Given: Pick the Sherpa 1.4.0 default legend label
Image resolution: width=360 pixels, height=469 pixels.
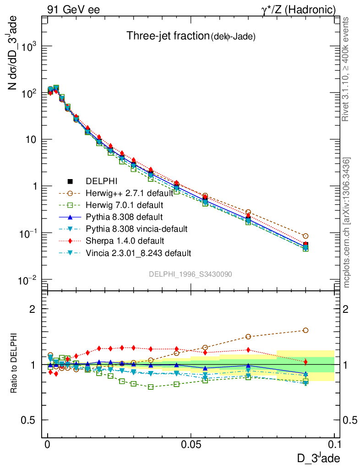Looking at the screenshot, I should pyautogui.click(x=125, y=240).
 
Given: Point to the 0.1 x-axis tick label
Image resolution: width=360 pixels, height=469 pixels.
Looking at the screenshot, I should pyautogui.click(x=334, y=445).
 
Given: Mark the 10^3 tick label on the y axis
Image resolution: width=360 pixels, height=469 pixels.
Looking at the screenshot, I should pyautogui.click(x=29, y=46).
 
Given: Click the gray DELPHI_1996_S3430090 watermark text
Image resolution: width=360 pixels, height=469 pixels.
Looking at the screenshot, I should pyautogui.click(x=190, y=274).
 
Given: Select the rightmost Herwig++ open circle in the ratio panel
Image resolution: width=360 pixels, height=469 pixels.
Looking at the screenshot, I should pyautogui.click(x=305, y=330).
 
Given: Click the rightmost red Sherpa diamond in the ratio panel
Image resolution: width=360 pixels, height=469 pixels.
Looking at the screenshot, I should pyautogui.click(x=305, y=362).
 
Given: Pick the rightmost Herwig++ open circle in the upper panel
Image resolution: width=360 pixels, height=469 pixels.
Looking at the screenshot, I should pyautogui.click(x=305, y=236).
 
